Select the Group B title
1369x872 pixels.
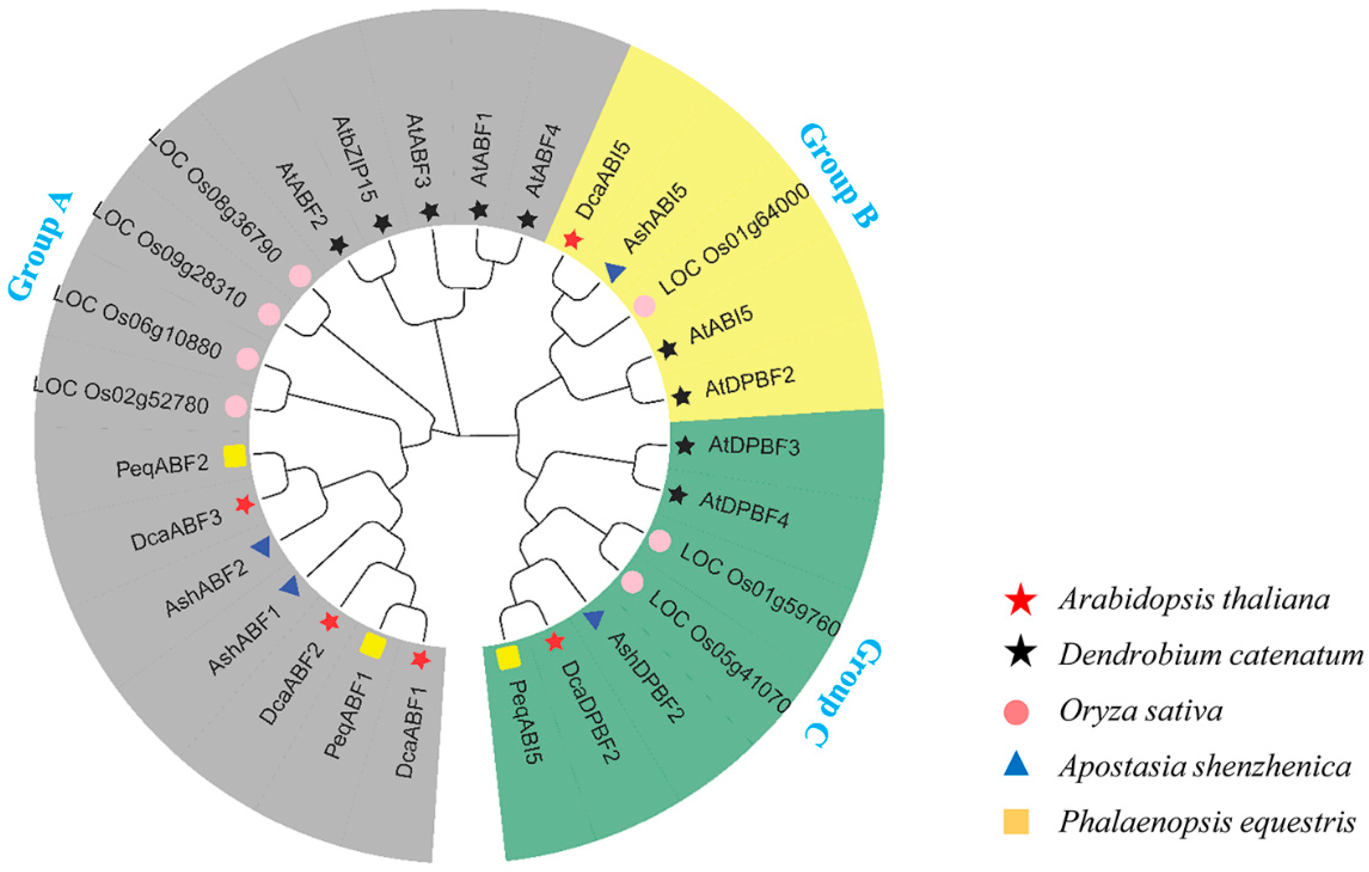[839, 176]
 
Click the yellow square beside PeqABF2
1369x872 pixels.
[235, 456]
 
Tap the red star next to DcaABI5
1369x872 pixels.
[572, 240]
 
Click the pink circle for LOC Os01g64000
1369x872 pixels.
[644, 306]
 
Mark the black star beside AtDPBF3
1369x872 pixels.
[685, 446]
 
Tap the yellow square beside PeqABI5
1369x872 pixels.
[508, 658]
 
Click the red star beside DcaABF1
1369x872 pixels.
[420, 660]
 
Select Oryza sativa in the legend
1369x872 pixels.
[1140, 711]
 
